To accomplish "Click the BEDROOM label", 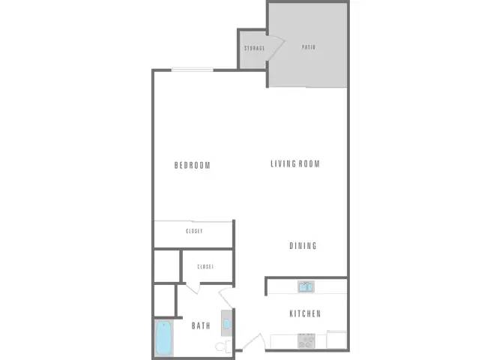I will coord(192,166).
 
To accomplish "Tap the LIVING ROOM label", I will coord(295,163).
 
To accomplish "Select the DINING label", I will coord(303,246).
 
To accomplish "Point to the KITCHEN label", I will coord(305,313).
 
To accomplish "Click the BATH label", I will coord(200,325).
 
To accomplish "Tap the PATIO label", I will coord(308,47).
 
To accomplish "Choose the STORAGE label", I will coord(254,49).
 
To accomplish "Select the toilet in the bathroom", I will coord(222,346).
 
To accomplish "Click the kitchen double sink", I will coord(306,286).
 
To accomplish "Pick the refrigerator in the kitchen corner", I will coord(336,340).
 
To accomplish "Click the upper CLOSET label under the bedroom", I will coord(194,232).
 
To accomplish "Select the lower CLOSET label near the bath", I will coord(205,266).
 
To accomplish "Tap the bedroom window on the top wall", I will coord(193,70).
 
